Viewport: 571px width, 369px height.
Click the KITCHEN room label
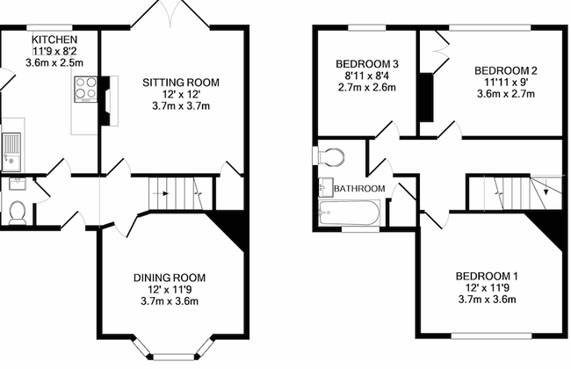click(55, 40)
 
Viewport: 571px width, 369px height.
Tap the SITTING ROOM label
click(181, 83)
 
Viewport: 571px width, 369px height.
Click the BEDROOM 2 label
click(505, 70)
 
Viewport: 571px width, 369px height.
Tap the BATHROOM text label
click(360, 189)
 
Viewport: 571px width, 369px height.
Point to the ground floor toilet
click(15, 211)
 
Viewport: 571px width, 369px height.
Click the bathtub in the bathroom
click(349, 212)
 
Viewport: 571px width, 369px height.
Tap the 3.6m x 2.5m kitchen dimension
click(55, 63)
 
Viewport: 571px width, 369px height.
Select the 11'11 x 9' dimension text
click(505, 82)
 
